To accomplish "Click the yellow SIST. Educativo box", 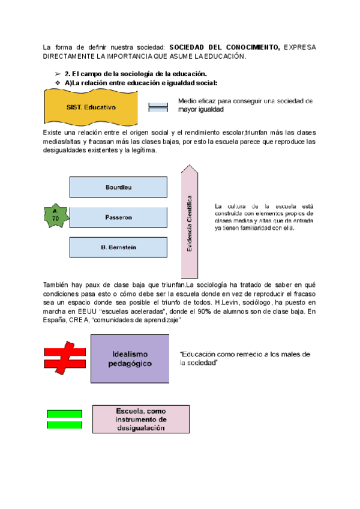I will pyautogui.click(x=91, y=107).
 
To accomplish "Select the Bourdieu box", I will pyautogui.click(x=118, y=187).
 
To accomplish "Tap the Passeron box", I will pyautogui.click(x=118, y=217).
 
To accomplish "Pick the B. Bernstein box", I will pyautogui.click(x=118, y=247).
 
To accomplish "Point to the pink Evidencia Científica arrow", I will pyautogui.click(x=189, y=219).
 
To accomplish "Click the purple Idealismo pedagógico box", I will pyautogui.click(x=130, y=359).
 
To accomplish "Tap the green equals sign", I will pyautogui.click(x=64, y=419).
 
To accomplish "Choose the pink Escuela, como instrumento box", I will pyautogui.click(x=142, y=419).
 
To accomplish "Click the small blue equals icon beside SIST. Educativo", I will pyautogui.click(x=158, y=107).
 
